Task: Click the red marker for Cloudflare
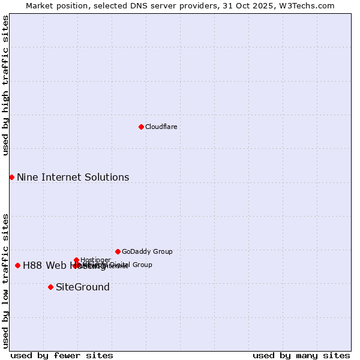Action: coord(141,127)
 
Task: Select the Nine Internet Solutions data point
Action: coord(11,177)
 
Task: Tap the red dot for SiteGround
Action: coord(50,287)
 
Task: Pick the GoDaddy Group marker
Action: coord(118,251)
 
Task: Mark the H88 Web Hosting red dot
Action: coord(17,265)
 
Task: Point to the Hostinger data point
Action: coord(77,260)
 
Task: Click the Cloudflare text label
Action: coord(161,127)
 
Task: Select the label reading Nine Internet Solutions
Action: coord(73,177)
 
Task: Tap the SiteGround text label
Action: coord(83,287)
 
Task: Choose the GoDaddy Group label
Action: coord(147,251)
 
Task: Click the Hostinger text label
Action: coord(95,260)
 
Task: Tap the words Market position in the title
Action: coord(54,5)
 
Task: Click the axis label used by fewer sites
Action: coord(62,356)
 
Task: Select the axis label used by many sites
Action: coord(301,356)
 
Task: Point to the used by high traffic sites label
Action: coord(5,85)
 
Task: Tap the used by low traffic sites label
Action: coord(5,281)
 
